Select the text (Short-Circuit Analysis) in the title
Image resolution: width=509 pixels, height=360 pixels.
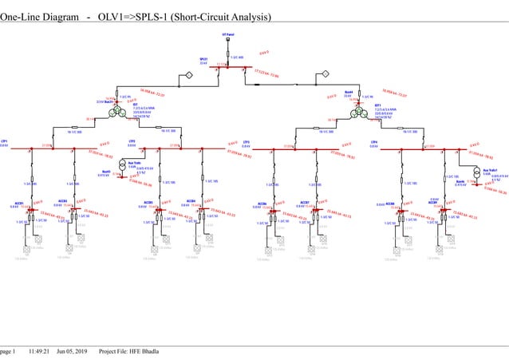click(x=215, y=17)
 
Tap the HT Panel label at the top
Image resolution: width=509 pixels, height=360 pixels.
click(x=228, y=36)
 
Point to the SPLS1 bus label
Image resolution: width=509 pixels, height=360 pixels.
click(x=203, y=60)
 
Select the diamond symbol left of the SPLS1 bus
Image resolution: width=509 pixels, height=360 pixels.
click(x=190, y=75)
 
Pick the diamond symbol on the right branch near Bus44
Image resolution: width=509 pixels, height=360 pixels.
click(x=326, y=75)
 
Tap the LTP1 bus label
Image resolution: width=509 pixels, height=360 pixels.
click(x=5, y=140)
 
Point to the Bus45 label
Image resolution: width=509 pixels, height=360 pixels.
click(x=107, y=171)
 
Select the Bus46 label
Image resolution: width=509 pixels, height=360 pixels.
click(x=460, y=181)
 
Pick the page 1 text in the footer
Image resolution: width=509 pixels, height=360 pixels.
click(x=8, y=351)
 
